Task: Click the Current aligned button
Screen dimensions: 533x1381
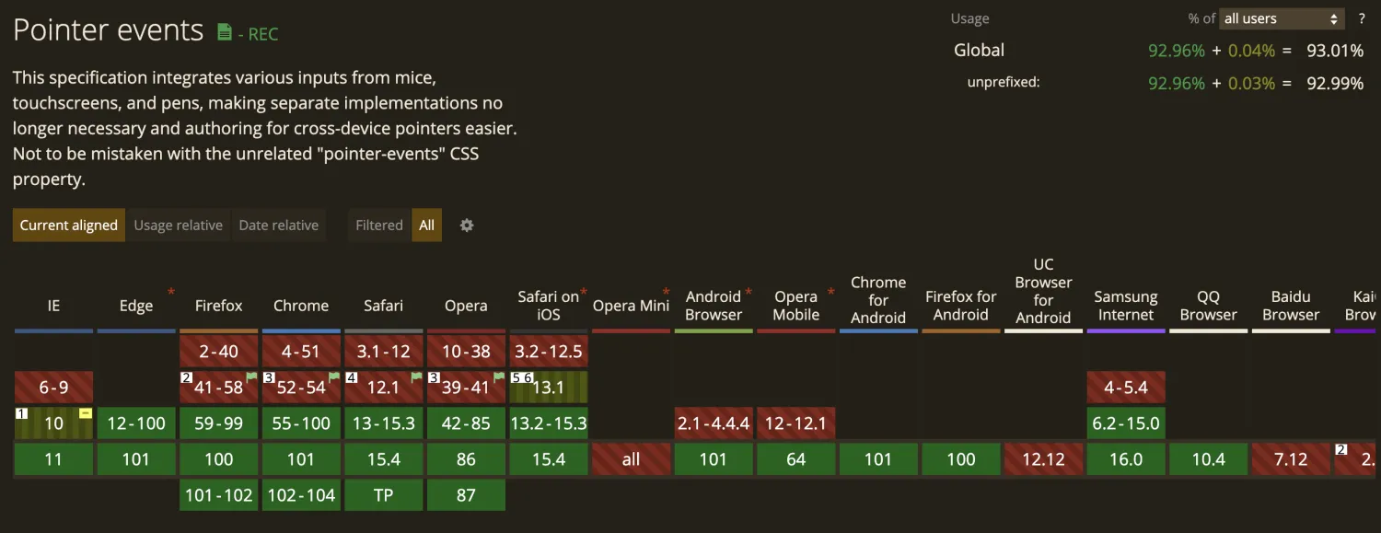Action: (x=69, y=226)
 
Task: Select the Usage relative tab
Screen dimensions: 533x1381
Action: (x=179, y=226)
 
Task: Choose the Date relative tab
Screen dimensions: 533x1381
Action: (x=278, y=226)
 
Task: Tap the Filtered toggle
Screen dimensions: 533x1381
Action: (x=379, y=226)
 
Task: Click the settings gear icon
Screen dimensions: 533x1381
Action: (x=467, y=226)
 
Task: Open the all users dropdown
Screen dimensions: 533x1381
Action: (x=1282, y=18)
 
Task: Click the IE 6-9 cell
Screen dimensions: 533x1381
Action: (x=53, y=388)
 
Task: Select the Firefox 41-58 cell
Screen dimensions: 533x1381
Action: (x=218, y=388)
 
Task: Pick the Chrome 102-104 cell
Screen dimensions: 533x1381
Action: (x=301, y=495)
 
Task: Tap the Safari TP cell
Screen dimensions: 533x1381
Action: (x=383, y=495)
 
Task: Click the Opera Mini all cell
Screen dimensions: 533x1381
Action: (x=631, y=459)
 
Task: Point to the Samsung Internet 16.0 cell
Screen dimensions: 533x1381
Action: (x=1126, y=459)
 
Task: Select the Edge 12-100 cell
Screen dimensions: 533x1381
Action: (x=136, y=423)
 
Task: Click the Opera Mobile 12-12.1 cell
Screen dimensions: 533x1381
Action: (x=796, y=423)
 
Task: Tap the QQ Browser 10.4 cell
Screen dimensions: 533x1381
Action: (x=1208, y=459)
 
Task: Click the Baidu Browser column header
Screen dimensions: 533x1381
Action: (x=1291, y=306)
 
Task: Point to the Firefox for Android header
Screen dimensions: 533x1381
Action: (x=961, y=306)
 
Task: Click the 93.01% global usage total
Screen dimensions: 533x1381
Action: (x=1334, y=51)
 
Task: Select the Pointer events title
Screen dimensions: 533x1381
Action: (x=108, y=30)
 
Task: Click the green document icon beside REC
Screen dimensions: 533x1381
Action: (x=225, y=32)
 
